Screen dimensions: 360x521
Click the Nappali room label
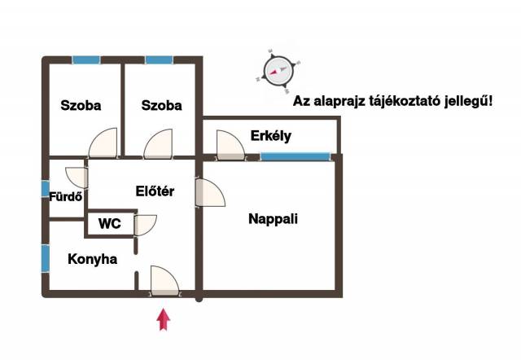[273, 218]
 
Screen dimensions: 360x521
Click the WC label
[110, 223]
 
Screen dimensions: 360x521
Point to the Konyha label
[91, 260]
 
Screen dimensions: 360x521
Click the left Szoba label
[81, 105]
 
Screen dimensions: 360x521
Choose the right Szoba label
[161, 105]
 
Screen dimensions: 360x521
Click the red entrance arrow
[164, 318]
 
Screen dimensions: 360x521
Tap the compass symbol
[278, 68]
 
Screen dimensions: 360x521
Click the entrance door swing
[164, 279]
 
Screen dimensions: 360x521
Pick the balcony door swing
[230, 145]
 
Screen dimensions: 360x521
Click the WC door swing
[145, 225]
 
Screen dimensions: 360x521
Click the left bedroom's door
[105, 144]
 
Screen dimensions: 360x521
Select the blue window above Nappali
[296, 156]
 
